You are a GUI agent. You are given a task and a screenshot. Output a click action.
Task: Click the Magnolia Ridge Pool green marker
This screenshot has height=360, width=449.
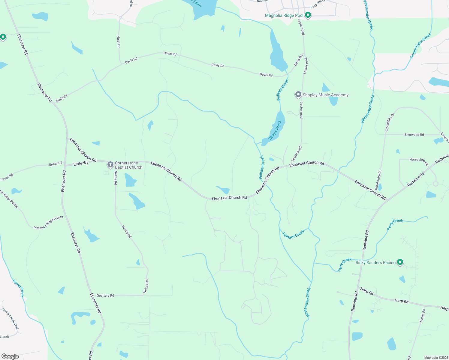308,15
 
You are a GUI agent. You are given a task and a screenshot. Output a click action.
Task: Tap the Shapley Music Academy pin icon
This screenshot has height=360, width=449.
298,94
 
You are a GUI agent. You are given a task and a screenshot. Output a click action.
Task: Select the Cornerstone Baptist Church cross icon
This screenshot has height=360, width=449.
110,164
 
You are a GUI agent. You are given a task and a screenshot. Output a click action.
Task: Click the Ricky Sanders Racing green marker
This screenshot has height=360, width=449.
400,262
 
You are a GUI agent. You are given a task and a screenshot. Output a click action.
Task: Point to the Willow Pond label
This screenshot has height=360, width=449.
275,130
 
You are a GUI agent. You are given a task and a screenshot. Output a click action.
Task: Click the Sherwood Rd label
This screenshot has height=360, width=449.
414,135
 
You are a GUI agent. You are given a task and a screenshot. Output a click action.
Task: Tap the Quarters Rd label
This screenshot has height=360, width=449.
105,295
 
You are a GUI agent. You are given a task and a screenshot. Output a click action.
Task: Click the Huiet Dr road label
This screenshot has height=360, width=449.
118,42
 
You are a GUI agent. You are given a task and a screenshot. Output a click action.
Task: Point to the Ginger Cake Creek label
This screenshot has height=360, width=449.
420,45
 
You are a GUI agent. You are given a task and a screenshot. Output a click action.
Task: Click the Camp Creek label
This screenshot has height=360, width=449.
18,288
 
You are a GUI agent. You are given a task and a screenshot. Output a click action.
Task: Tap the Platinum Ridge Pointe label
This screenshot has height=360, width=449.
48,223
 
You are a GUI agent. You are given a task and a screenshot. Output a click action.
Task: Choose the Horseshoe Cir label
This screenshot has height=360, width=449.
419,161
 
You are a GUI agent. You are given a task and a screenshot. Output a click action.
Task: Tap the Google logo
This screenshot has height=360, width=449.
10,356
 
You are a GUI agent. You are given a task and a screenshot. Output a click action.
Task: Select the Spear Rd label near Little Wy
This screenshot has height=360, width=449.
56,164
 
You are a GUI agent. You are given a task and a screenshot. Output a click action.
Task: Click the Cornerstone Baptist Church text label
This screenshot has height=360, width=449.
128,165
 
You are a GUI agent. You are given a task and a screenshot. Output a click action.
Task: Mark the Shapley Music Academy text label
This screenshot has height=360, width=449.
326,95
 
